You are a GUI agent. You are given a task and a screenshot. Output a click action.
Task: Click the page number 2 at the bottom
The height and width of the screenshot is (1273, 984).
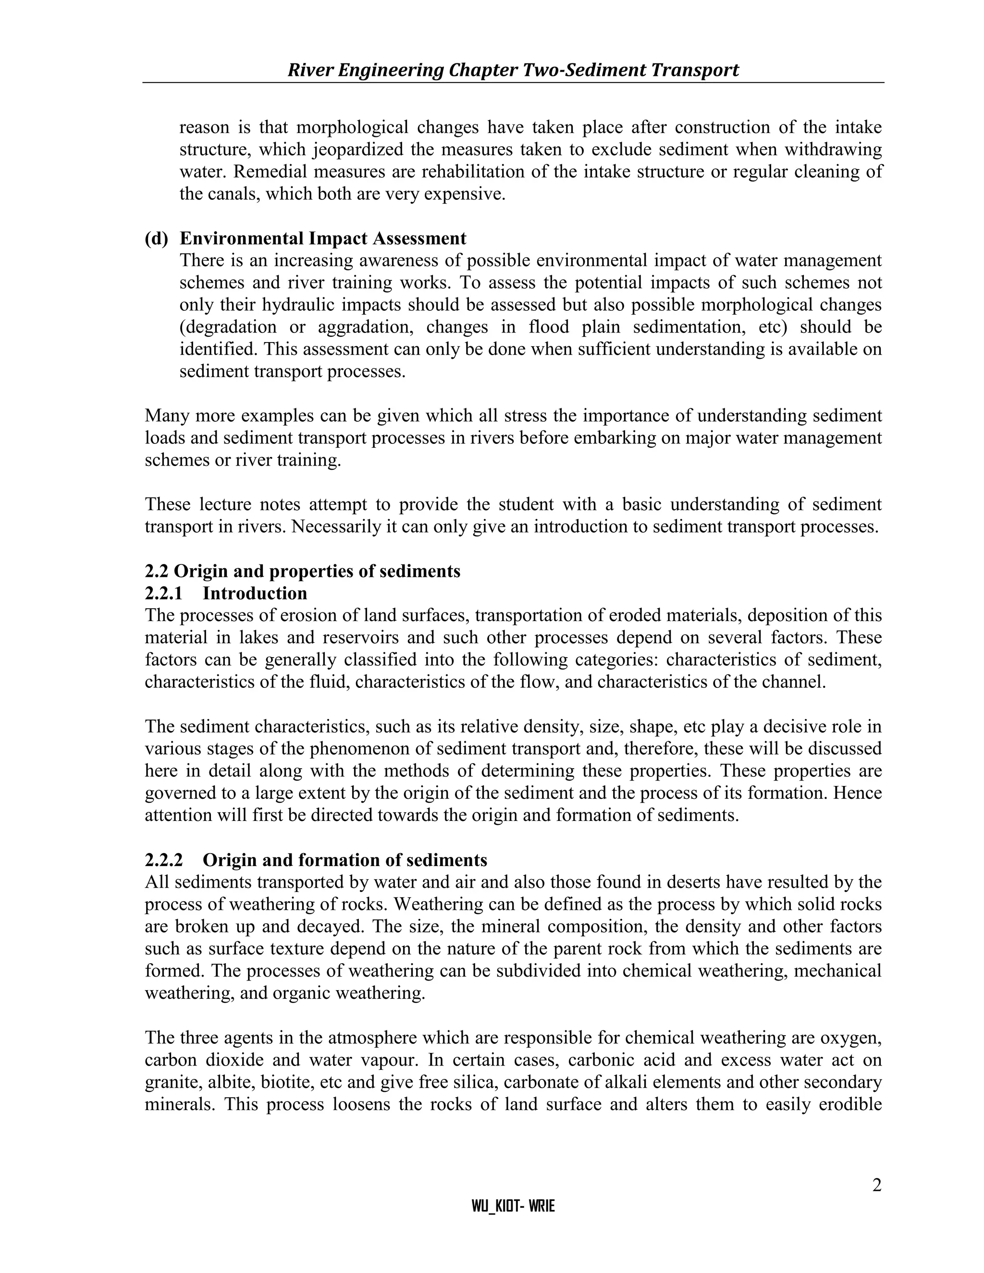click(x=876, y=1186)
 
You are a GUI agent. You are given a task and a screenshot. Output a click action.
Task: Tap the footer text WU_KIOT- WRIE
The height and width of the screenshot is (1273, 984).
click(x=513, y=1206)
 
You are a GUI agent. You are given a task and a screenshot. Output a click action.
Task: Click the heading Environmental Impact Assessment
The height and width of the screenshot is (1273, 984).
click(x=323, y=238)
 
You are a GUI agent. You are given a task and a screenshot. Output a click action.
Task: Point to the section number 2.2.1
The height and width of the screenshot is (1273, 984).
click(x=164, y=593)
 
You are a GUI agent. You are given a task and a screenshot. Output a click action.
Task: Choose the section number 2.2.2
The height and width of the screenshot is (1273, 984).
click(x=164, y=860)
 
